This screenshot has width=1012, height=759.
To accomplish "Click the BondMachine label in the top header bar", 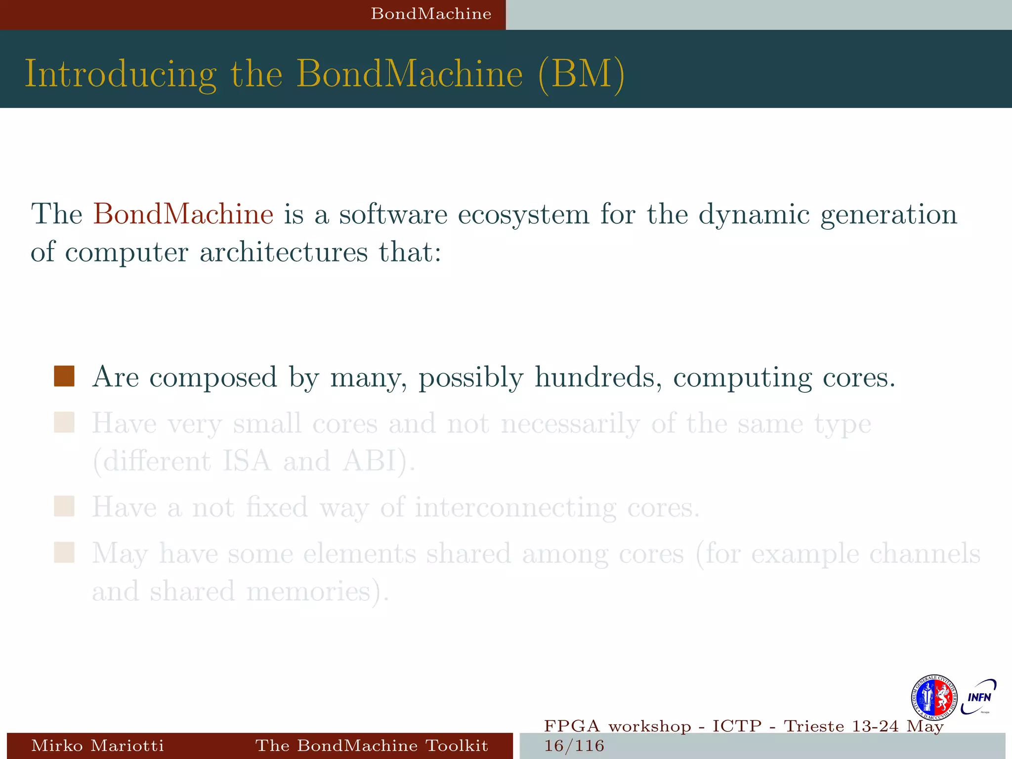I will click(431, 14).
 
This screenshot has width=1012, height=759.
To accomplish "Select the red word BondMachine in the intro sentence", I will click(183, 214).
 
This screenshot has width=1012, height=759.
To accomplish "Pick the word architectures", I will click(284, 252).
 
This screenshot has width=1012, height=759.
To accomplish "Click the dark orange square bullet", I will click(64, 376).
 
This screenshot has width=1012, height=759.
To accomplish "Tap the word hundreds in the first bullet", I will click(598, 377).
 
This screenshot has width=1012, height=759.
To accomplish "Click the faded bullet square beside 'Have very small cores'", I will click(64, 422).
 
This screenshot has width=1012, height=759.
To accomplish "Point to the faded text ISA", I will click(247, 461).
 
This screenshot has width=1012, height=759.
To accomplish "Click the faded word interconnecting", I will click(515, 508).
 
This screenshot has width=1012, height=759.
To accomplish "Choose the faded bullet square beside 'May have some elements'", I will click(64, 552).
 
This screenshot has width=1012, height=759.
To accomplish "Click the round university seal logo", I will click(934, 697).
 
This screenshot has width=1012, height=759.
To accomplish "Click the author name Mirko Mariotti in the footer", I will click(97, 745).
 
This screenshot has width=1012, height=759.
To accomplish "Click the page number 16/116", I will click(574, 746).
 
